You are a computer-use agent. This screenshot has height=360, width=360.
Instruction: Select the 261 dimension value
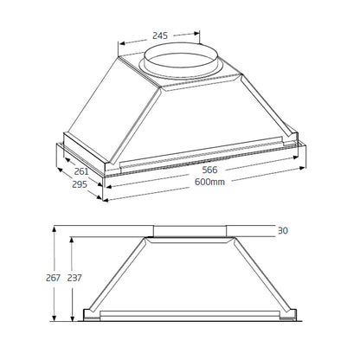coord(82,171)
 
